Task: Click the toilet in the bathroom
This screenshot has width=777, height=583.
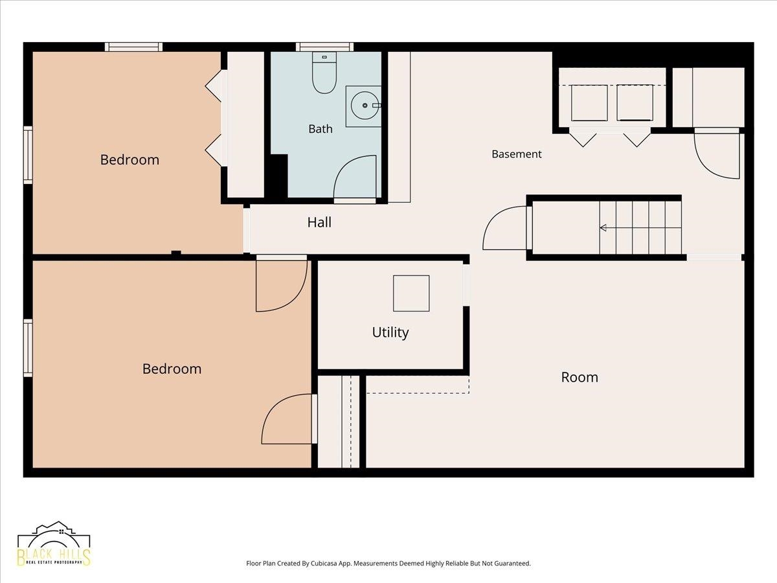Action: coord(324,73)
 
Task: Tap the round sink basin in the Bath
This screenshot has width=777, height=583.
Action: coord(365,106)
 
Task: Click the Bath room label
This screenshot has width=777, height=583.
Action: coord(321,129)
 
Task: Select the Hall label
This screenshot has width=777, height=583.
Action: coord(319,222)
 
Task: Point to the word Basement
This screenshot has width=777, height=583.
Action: coord(517,154)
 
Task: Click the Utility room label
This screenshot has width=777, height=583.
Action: coord(390,332)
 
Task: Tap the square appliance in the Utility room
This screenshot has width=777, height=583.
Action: coord(411,293)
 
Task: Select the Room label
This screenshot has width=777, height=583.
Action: coord(580,378)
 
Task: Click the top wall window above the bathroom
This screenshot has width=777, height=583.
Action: coord(324,47)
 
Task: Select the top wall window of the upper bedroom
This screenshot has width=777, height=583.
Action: coord(133,47)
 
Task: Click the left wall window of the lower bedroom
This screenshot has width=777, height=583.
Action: coord(28,348)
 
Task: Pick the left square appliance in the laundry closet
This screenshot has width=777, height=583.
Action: coord(589,102)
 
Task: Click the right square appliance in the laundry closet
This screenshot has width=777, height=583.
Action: coord(635,102)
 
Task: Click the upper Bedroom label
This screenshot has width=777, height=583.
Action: coord(129,159)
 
